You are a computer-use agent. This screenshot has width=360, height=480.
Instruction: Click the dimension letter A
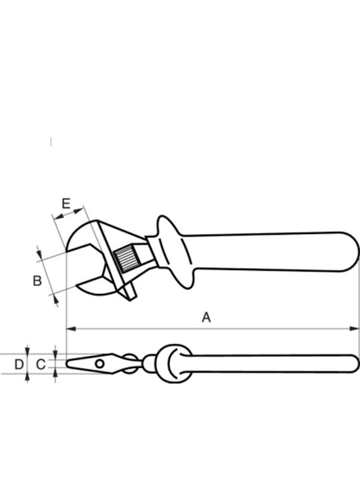[206, 317]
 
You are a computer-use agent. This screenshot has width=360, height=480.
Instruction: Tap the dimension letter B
[37, 281]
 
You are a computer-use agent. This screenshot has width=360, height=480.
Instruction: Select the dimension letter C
[41, 364]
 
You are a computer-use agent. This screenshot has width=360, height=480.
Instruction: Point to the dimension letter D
[19, 364]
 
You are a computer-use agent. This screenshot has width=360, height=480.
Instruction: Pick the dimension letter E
[66, 203]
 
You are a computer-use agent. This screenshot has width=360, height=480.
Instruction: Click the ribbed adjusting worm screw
[127, 259]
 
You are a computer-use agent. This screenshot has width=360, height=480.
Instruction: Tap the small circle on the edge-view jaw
[99, 364]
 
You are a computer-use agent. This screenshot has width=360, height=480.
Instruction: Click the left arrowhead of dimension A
[71, 329]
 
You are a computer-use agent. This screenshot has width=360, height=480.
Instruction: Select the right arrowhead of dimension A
[355, 329]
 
